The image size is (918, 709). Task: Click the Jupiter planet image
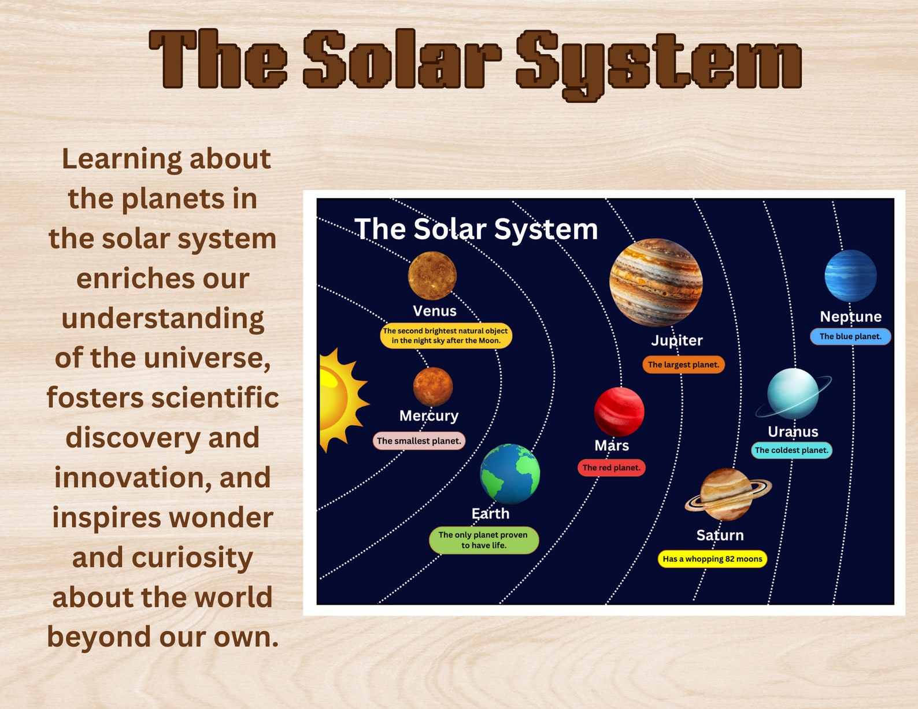pyautogui.click(x=656, y=282)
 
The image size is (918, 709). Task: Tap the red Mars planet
pyautogui.click(x=619, y=411)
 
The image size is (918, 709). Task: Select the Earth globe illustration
pyautogui.click(x=510, y=474)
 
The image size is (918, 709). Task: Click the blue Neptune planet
pyautogui.click(x=850, y=276)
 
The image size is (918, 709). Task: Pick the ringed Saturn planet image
pyautogui.click(x=727, y=495)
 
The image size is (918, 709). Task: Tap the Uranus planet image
pyautogui.click(x=793, y=394)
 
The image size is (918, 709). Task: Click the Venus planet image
pyautogui.click(x=432, y=276)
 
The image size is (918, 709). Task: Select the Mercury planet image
pyautogui.click(x=432, y=387)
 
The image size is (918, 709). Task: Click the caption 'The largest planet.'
pyautogui.click(x=683, y=365)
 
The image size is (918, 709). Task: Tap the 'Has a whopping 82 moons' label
pyautogui.click(x=712, y=559)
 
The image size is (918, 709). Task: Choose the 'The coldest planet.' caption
pyautogui.click(x=791, y=450)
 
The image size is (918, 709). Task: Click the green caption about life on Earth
pyautogui.click(x=483, y=540)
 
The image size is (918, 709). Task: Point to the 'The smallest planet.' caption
pyautogui.click(x=419, y=441)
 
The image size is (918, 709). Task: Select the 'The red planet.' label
pyautogui.click(x=611, y=467)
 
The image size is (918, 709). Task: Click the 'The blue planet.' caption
pyautogui.click(x=850, y=336)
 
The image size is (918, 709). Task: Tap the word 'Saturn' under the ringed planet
pyautogui.click(x=720, y=535)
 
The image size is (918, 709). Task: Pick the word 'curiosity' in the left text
pyautogui.click(x=193, y=558)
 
